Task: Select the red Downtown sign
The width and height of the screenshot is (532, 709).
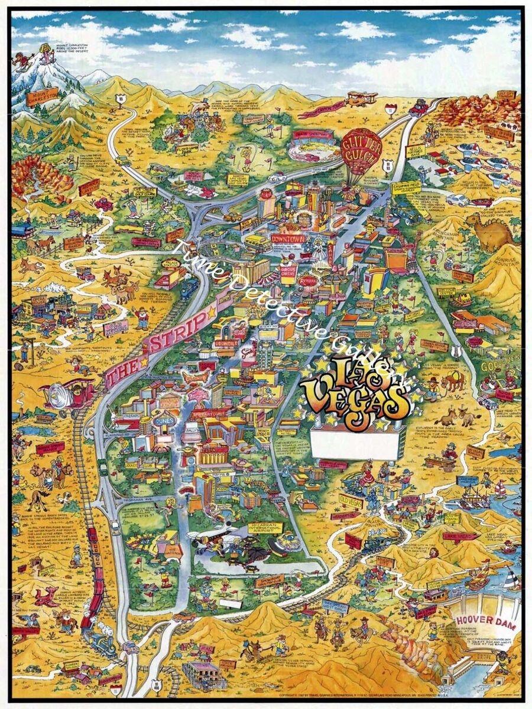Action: [287, 238]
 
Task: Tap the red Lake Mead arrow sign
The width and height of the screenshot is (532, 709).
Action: [460, 536]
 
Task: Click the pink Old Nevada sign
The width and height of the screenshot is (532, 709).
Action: [116, 327]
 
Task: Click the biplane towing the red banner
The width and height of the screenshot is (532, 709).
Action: [361, 98]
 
